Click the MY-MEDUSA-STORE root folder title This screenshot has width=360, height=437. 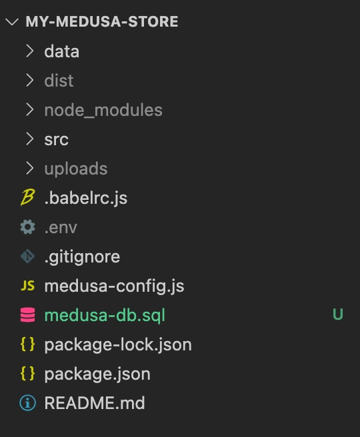[102, 22]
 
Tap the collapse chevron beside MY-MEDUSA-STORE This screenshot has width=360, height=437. [12, 22]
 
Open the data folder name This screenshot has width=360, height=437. [61, 51]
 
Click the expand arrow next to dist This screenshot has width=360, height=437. [29, 81]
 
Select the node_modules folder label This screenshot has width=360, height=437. [103, 110]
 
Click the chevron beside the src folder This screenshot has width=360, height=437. [29, 139]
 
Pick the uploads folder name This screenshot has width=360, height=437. [76, 169]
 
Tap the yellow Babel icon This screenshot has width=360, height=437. [27, 197]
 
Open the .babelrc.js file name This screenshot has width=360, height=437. [85, 198]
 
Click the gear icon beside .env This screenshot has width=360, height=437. [27, 227]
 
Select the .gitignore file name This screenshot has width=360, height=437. [82, 256]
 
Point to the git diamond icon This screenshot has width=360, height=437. [27, 256]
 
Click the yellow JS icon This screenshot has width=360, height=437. [27, 286]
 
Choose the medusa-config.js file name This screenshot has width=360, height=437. [114, 286]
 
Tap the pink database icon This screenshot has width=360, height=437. [27, 315]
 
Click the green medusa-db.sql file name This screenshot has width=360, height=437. [105, 316]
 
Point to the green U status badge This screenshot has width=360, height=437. [338, 314]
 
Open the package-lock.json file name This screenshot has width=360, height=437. [118, 345]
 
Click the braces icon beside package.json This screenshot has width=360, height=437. [27, 374]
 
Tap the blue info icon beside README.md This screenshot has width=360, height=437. [27, 403]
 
